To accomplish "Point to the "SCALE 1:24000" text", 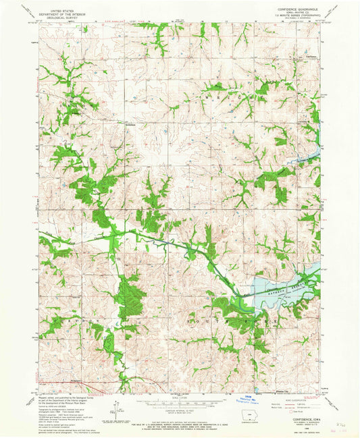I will (x=180, y=395).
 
